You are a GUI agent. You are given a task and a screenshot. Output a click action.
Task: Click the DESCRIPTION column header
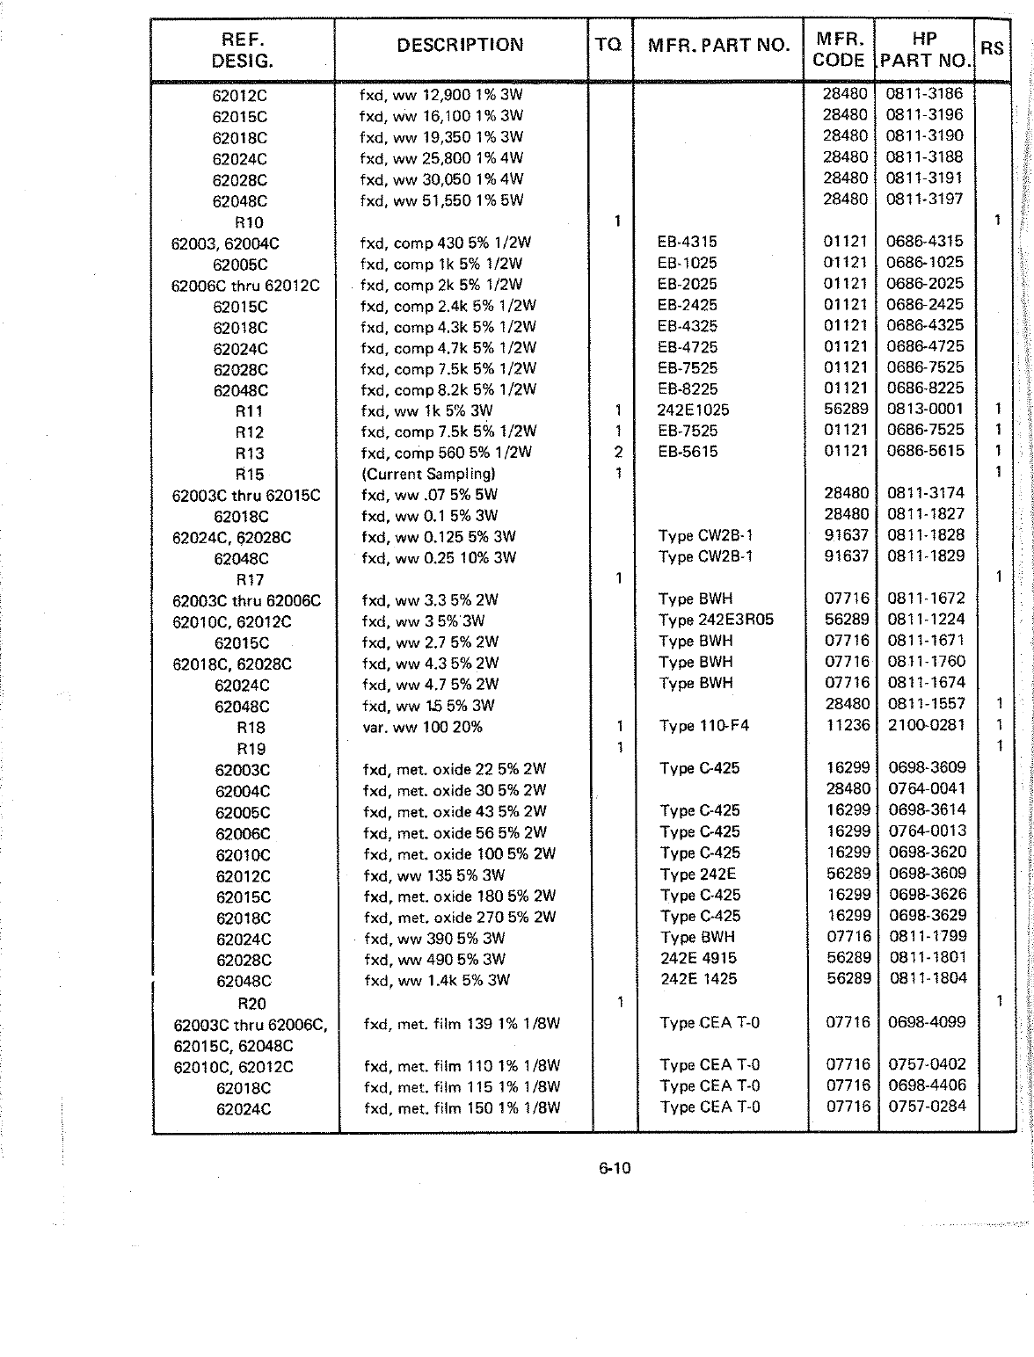point(460,45)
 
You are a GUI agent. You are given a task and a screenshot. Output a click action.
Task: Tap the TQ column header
point(608,45)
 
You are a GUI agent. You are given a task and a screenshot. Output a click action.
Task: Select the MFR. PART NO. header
point(718,45)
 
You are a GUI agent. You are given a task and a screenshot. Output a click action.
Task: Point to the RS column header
point(992,48)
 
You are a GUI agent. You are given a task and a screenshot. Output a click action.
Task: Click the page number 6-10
point(615,1168)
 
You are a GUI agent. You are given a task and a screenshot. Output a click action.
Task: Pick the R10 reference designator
point(249,222)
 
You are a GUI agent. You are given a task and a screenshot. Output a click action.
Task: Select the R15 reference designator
point(250,475)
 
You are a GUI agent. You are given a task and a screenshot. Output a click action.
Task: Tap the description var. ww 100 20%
point(422,727)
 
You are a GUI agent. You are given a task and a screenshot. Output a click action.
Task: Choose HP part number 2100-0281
point(927,725)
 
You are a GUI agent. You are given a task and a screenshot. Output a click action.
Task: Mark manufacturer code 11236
point(848,725)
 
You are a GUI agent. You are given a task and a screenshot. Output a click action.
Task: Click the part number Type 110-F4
point(704,726)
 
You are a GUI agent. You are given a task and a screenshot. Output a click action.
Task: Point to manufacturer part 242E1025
point(693,410)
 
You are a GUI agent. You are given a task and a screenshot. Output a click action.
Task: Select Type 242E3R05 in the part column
point(716,620)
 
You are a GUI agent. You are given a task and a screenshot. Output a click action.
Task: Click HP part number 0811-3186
point(924,93)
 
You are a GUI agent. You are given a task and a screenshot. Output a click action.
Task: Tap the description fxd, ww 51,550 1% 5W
point(441,200)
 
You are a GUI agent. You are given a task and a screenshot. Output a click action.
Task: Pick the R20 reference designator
point(251,1004)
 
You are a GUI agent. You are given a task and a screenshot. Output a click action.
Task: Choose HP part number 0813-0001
point(925,409)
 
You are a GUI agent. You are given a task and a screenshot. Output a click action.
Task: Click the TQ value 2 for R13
point(618,453)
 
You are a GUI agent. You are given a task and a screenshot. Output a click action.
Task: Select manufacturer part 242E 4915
point(698,958)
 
